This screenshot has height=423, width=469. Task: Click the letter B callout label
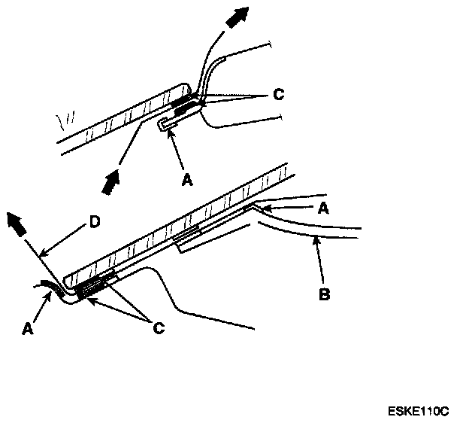[x=325, y=294]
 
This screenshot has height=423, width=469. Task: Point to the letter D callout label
[x=93, y=222]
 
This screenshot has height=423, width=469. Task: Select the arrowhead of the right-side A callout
[x=256, y=203]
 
